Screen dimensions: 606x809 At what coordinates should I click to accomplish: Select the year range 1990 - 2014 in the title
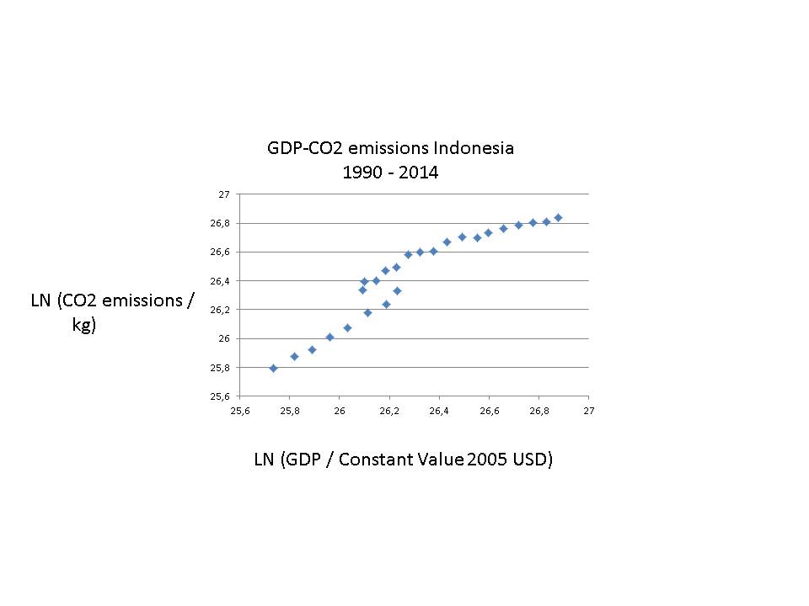[390, 173]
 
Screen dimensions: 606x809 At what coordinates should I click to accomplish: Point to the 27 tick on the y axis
[224, 194]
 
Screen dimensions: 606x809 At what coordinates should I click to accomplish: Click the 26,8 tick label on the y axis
[222, 223]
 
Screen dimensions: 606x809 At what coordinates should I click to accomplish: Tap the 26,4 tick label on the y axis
[222, 280]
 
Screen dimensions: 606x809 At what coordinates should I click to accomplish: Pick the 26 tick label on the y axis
[224, 338]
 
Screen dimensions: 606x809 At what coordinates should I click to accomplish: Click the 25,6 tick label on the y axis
[222, 396]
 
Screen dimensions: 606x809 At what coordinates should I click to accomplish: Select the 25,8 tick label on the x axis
[290, 411]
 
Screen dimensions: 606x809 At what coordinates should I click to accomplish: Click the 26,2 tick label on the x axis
[389, 411]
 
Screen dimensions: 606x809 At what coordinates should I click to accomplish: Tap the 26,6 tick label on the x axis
[489, 411]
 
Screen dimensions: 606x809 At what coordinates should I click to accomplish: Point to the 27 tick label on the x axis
[588, 411]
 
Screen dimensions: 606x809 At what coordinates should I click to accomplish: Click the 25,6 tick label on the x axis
[240, 411]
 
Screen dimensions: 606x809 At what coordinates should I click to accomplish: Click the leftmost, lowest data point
[273, 368]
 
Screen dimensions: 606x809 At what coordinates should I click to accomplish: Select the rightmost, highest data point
[558, 217]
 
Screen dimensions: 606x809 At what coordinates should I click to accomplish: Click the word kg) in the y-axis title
[84, 326]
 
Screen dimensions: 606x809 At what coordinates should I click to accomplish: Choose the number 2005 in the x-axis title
[481, 460]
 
